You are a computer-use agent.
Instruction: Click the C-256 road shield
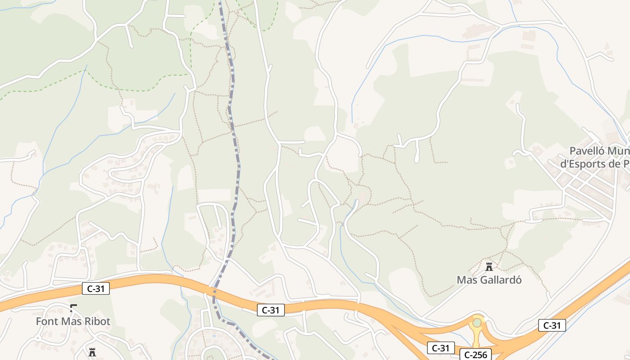pyautogui.click(x=476, y=355)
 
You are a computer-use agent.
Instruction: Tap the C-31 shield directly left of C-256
pyautogui.click(x=441, y=348)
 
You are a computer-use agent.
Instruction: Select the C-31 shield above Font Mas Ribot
pyautogui.click(x=96, y=288)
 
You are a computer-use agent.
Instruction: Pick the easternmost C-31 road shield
pyautogui.click(x=552, y=325)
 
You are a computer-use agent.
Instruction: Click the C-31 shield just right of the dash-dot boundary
pyautogui.click(x=271, y=310)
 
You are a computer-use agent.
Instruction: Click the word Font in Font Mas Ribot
pyautogui.click(x=46, y=321)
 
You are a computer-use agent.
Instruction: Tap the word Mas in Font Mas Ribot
pyautogui.click(x=71, y=321)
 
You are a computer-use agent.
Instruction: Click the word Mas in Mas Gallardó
pyautogui.click(x=466, y=280)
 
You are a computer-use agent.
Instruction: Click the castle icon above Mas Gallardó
pyautogui.click(x=489, y=267)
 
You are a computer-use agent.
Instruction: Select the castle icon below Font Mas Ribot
pyautogui.click(x=92, y=352)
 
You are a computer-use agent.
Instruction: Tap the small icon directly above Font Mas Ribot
pyautogui.click(x=73, y=308)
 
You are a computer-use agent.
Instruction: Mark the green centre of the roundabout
pyautogui.click(x=477, y=323)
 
